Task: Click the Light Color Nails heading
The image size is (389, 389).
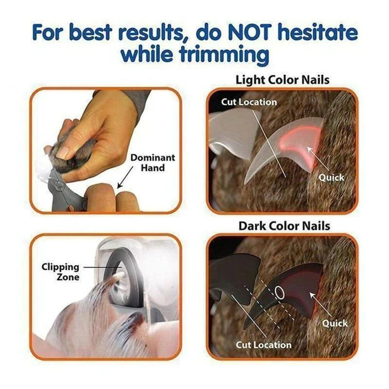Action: pyautogui.click(x=283, y=80)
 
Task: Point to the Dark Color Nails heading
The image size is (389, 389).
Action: pyautogui.click(x=284, y=226)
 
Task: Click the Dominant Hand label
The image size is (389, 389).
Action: pyautogui.click(x=153, y=162)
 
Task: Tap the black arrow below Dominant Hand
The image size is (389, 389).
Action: pyautogui.click(x=125, y=177)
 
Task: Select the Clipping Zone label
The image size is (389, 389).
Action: pyautogui.click(x=61, y=272)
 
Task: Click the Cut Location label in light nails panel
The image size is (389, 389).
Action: pyautogui.click(x=249, y=102)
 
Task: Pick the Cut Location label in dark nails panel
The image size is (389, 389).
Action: pyautogui.click(x=264, y=345)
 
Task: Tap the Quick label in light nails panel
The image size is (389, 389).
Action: pyautogui.click(x=332, y=177)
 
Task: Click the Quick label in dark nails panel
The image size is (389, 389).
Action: pyautogui.click(x=335, y=323)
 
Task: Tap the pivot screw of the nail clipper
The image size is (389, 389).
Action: pyautogui.click(x=58, y=185)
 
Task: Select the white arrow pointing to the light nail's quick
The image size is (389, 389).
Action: pyautogui.click(x=318, y=159)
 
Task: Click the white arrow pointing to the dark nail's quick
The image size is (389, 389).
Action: pyautogui.click(x=321, y=305)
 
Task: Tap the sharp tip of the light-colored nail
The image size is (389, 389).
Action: pyautogui.click(x=245, y=183)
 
